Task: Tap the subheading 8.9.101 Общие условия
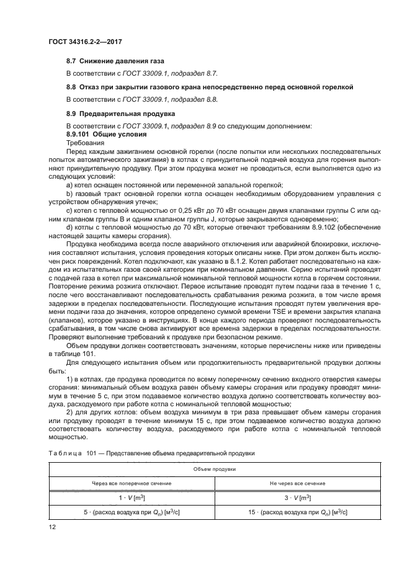click(x=106, y=134)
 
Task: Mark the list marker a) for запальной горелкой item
click(x=69, y=185)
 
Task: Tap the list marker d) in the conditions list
click(x=69, y=228)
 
